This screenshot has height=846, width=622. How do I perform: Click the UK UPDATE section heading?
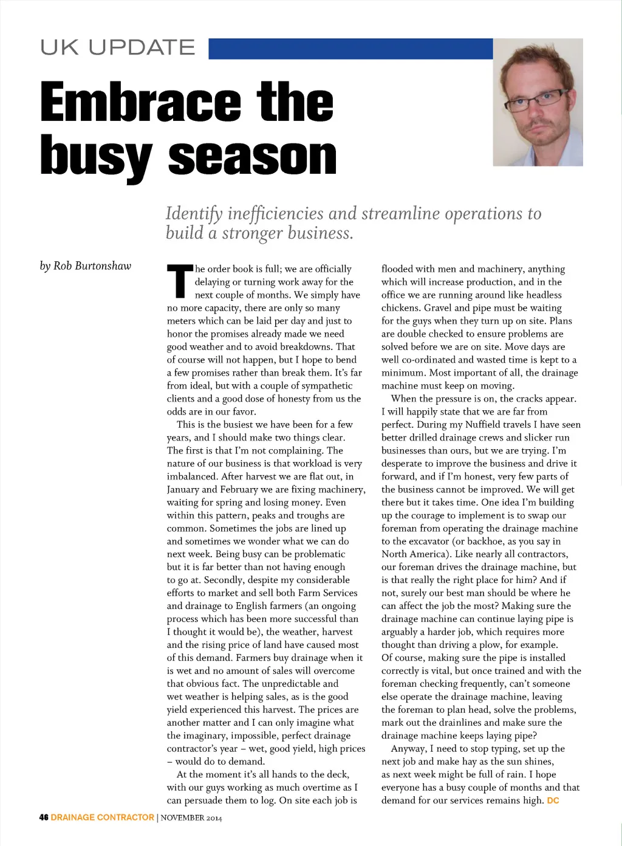point(118,48)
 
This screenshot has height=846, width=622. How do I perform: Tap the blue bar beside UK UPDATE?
point(350,49)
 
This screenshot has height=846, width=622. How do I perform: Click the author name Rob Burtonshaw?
point(92,266)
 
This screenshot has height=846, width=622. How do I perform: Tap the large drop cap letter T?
point(180,281)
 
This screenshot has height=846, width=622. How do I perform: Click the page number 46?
point(44,817)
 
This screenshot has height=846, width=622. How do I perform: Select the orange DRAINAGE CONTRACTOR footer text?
point(102,817)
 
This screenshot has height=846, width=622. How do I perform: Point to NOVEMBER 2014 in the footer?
point(191,818)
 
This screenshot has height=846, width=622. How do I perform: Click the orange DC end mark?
point(553,800)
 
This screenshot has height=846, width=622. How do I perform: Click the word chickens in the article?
point(401,308)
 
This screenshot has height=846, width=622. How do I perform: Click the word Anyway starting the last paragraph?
point(408,749)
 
